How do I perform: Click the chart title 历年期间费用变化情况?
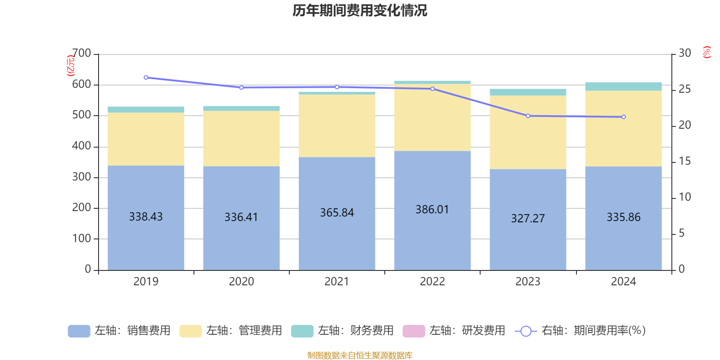360,10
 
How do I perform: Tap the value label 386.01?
432,210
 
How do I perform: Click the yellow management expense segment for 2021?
337,126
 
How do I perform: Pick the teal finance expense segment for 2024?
623,86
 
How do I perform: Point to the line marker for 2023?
528,116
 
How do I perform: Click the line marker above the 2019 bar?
146,78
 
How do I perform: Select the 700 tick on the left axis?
81,54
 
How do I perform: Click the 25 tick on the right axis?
684,90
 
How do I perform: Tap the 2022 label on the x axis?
432,282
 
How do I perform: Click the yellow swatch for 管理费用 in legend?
190,331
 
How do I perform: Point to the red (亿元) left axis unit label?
70,66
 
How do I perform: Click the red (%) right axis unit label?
706,52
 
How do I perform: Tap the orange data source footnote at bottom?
360,355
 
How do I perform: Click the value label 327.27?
528,219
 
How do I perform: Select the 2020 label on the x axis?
241,282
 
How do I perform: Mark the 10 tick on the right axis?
684,197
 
